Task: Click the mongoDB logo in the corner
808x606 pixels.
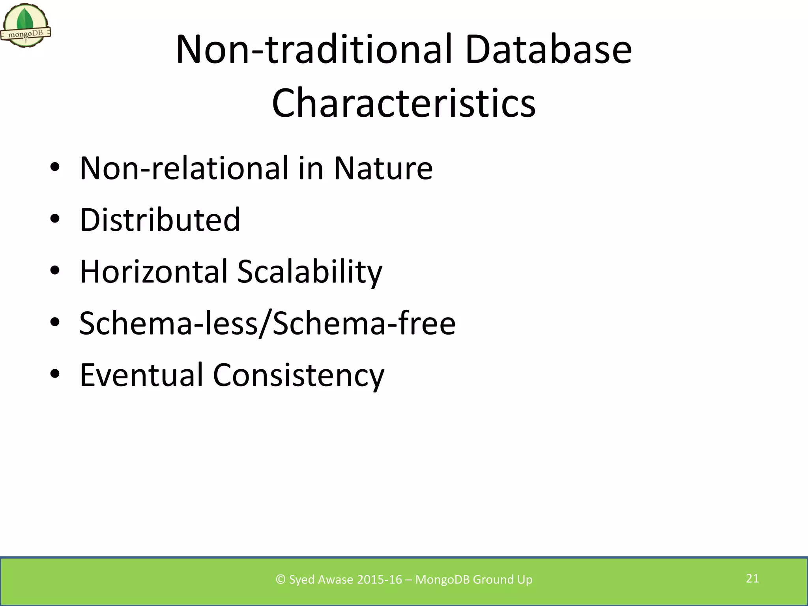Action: click(x=26, y=26)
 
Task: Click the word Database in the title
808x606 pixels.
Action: click(x=548, y=49)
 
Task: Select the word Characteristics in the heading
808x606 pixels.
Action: click(x=404, y=103)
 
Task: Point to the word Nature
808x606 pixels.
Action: click(x=383, y=168)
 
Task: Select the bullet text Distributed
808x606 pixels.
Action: click(x=160, y=220)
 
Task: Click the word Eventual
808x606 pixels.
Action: click(x=141, y=375)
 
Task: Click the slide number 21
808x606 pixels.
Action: click(x=752, y=578)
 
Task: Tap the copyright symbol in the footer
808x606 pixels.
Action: click(x=281, y=580)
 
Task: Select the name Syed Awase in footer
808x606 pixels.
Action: click(x=321, y=580)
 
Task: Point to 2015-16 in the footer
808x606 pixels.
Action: click(x=379, y=580)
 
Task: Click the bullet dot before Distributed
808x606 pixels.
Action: click(x=55, y=219)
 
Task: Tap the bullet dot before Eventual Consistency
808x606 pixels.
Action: click(x=55, y=374)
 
